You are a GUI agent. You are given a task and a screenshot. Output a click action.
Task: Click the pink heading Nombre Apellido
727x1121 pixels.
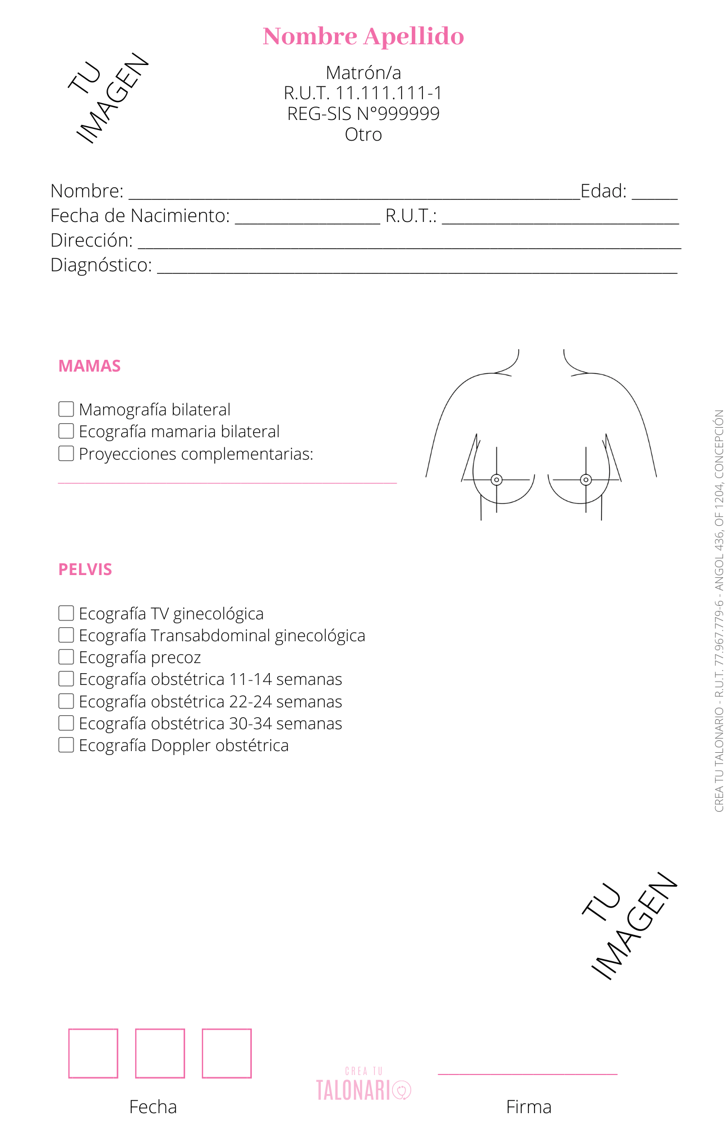(x=363, y=36)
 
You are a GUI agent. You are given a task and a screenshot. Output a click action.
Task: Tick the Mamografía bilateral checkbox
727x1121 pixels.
(x=66, y=409)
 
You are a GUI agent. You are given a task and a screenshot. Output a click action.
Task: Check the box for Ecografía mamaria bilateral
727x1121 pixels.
(x=66, y=431)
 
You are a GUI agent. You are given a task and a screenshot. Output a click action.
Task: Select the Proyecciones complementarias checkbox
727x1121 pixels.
(x=66, y=453)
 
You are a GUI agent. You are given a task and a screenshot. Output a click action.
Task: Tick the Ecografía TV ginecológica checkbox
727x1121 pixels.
(x=66, y=613)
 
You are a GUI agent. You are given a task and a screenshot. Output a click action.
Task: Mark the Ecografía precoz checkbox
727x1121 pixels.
(x=66, y=657)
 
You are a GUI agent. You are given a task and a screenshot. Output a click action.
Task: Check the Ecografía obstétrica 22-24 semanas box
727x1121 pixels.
(x=66, y=701)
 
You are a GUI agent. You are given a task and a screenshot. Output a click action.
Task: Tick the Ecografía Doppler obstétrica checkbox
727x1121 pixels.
(x=66, y=745)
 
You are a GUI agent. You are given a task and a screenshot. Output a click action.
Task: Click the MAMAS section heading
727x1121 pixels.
(x=90, y=366)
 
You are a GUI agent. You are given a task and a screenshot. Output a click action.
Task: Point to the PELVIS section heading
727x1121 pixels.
(x=85, y=569)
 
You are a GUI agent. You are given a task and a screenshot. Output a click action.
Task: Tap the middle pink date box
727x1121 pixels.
(x=160, y=1053)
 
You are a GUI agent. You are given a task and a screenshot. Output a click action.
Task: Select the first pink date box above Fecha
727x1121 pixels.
(x=93, y=1053)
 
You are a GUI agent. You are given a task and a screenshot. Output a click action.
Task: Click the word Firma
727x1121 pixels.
(x=528, y=1107)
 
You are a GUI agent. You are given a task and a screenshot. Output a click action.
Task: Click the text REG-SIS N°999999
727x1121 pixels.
(x=363, y=114)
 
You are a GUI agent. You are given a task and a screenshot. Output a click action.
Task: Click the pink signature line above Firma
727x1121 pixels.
(x=527, y=1074)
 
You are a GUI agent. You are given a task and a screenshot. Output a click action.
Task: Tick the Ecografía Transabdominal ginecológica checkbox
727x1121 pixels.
(x=66, y=635)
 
